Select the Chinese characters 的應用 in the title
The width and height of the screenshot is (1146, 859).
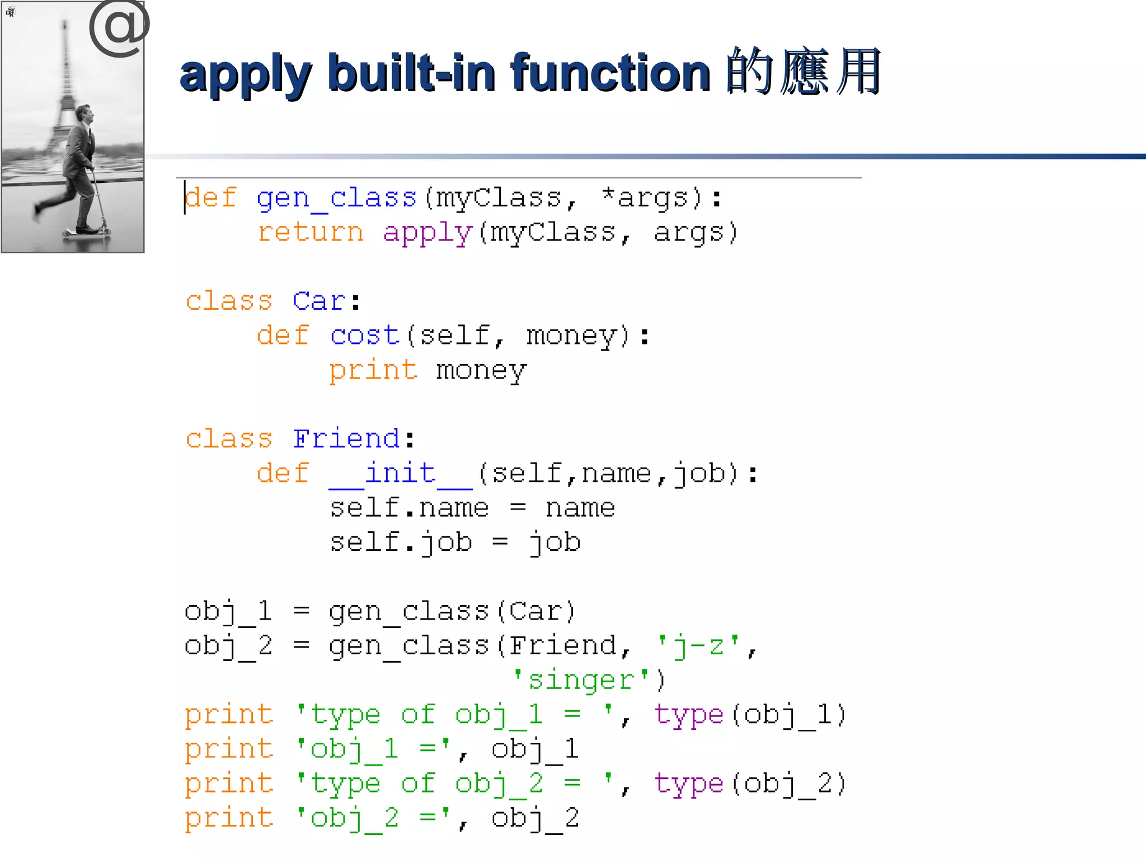pyautogui.click(x=804, y=72)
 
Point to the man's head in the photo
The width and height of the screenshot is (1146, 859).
pyautogui.click(x=85, y=114)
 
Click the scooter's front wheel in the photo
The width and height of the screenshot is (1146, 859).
pyautogui.click(x=104, y=230)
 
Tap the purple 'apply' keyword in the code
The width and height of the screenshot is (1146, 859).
pyautogui.click(x=428, y=233)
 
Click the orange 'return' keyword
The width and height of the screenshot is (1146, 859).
pyautogui.click(x=311, y=233)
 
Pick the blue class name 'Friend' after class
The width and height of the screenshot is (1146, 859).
pyautogui.click(x=346, y=439)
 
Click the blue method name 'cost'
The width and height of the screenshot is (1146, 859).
pyautogui.click(x=364, y=336)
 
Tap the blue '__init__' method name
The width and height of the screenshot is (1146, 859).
pyautogui.click(x=401, y=474)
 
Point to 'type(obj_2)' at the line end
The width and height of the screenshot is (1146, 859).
pyautogui.click(x=750, y=784)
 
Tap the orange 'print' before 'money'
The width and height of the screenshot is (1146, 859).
pyautogui.click(x=373, y=370)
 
